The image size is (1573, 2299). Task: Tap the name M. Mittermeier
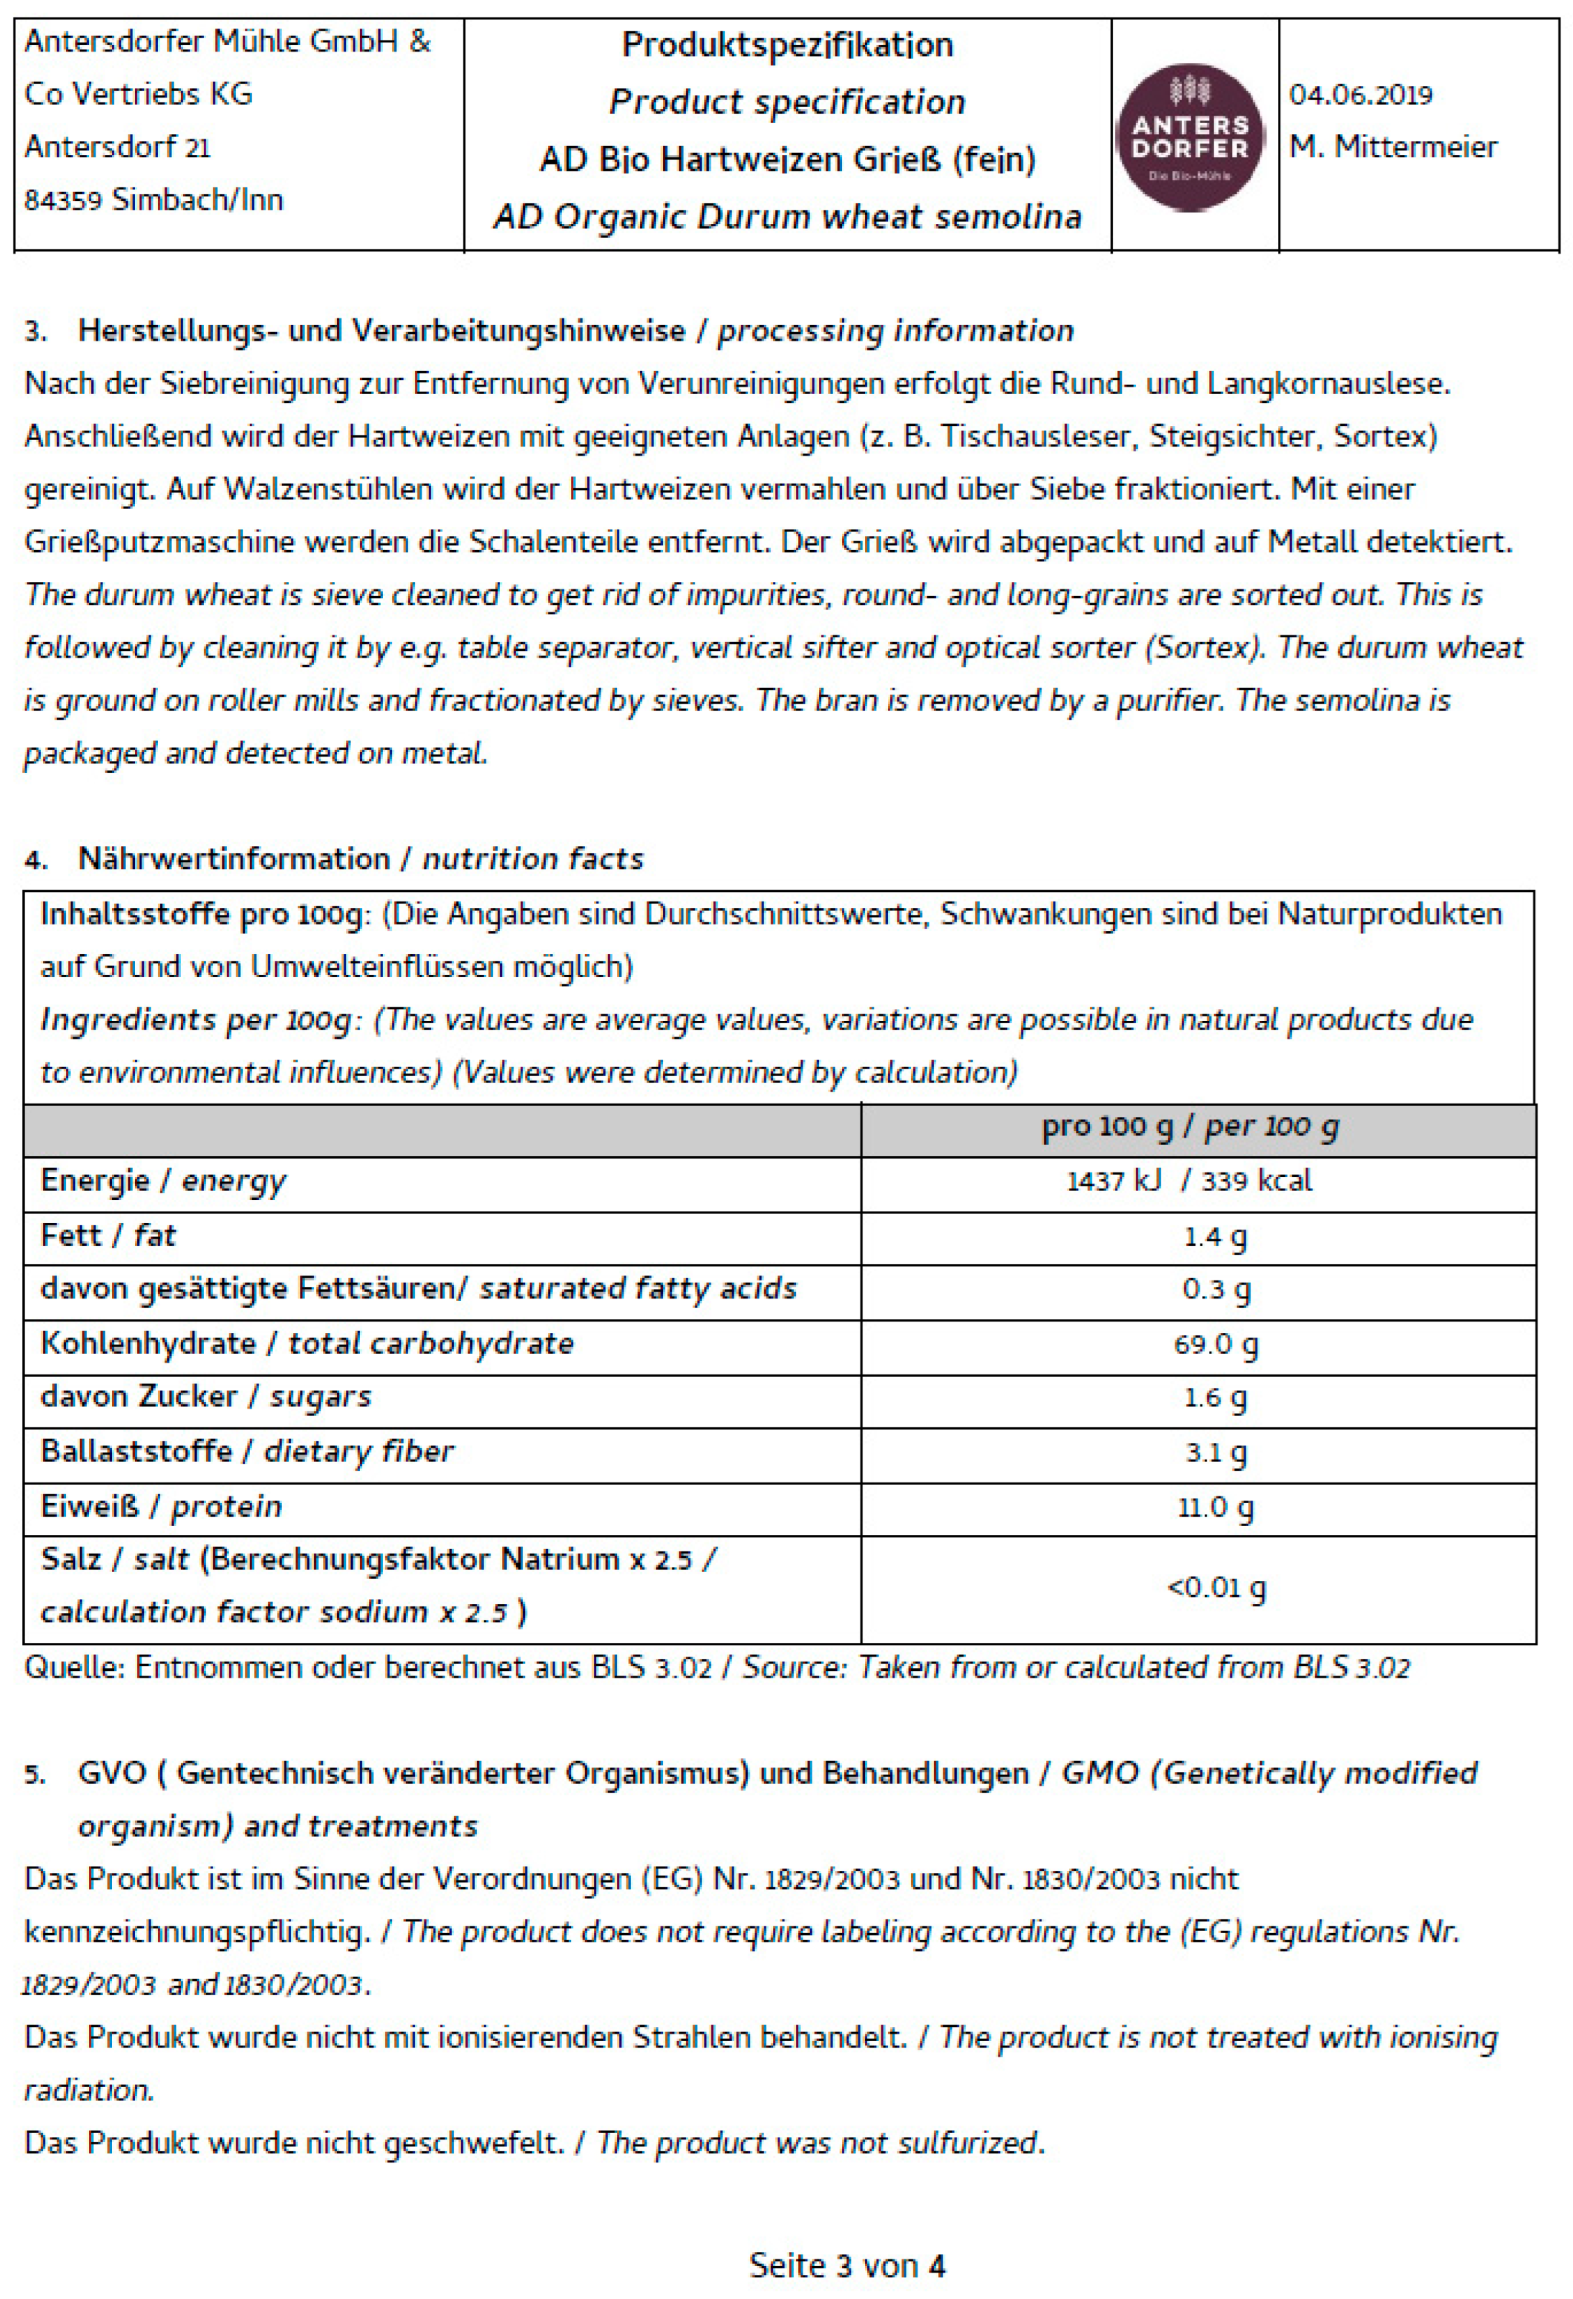pyautogui.click(x=1392, y=147)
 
